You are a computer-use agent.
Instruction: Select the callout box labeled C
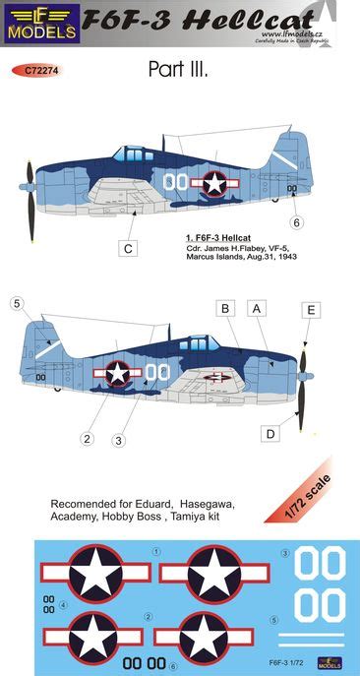tap(128, 248)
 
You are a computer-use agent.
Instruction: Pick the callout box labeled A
tap(259, 309)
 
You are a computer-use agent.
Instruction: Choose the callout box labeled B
tap(225, 309)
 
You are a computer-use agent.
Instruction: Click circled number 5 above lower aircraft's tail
tap(17, 304)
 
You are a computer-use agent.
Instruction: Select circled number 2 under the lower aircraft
tap(88, 439)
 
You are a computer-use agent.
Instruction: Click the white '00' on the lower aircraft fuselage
tap(157, 371)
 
